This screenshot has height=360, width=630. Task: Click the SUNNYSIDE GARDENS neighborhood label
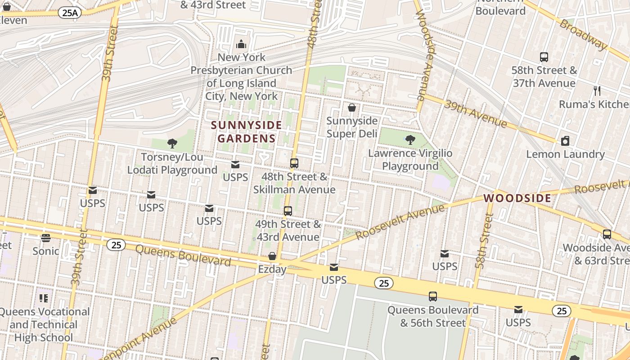(246, 131)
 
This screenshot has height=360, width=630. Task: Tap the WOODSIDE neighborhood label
(517, 198)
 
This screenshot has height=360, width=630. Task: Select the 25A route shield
(69, 13)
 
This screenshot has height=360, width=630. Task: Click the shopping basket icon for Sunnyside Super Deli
(352, 108)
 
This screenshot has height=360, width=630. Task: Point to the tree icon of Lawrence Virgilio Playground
(410, 140)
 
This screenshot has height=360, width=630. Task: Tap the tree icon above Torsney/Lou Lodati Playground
(172, 144)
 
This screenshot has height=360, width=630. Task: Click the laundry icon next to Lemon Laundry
(565, 141)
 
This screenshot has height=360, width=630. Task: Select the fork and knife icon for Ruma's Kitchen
(597, 91)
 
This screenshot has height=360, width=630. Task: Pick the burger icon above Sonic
(45, 238)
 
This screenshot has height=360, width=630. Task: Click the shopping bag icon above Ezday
(272, 256)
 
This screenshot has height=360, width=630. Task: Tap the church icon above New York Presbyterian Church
(241, 44)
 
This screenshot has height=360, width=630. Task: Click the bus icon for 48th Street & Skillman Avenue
(294, 163)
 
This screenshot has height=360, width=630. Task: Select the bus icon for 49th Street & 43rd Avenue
(288, 211)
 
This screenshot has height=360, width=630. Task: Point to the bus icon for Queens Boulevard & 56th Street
(433, 297)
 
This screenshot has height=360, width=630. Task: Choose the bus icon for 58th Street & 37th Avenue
(544, 57)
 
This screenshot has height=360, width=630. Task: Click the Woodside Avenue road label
(424, 54)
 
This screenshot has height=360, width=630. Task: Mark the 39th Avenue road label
(475, 113)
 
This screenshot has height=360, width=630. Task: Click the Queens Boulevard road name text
(183, 255)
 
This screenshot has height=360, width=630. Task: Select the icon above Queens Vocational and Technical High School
(44, 298)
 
